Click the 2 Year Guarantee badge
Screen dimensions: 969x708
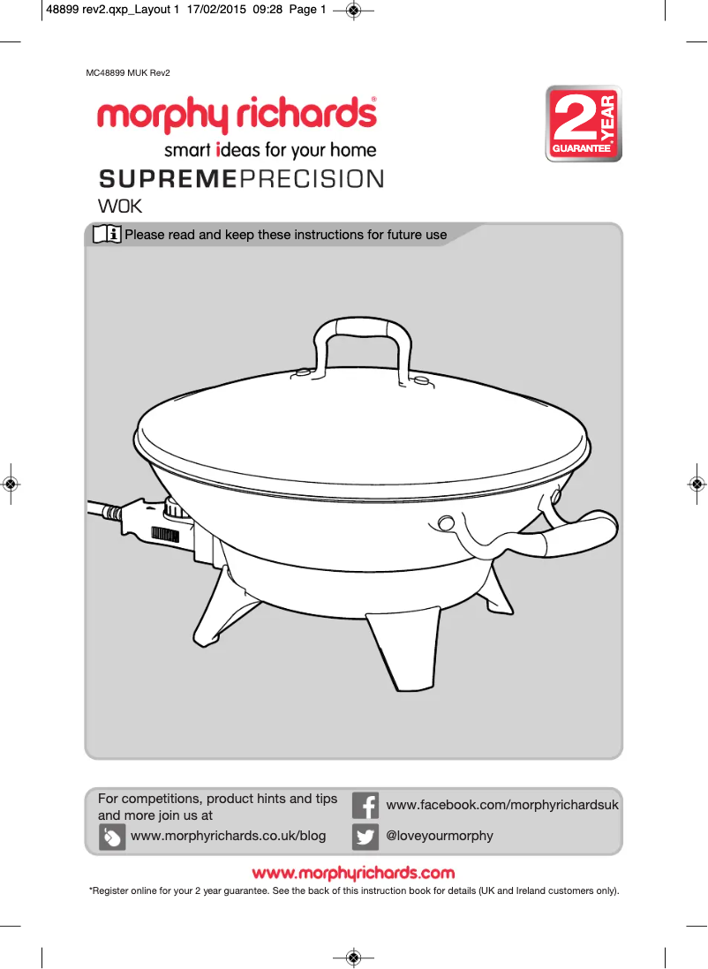[584, 124]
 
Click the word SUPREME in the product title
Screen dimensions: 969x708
[168, 179]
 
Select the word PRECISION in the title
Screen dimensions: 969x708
[312, 179]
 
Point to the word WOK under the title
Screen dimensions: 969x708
[119, 207]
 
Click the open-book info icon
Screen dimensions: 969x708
[107, 235]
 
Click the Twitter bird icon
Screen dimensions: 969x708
[365, 836]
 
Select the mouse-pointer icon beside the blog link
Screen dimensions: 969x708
[112, 837]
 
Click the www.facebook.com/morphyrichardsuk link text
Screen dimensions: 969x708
[502, 806]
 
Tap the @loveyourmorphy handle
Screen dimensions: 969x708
[440, 836]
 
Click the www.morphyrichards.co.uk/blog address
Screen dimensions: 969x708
[228, 836]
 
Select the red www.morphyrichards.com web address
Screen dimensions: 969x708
[353, 874]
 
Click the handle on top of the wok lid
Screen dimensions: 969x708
[363, 333]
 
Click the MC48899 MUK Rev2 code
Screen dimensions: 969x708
[128, 72]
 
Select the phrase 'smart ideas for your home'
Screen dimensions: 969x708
[270, 150]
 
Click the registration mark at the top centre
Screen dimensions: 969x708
[353, 11]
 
